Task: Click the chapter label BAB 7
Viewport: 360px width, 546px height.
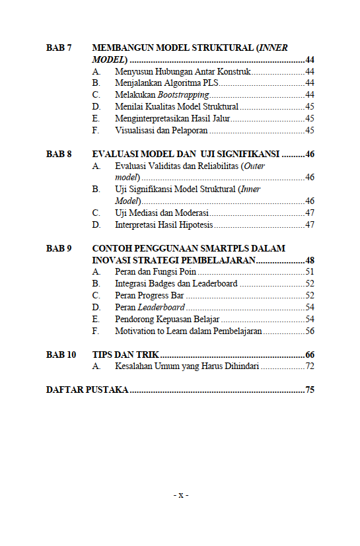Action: (x=59, y=48)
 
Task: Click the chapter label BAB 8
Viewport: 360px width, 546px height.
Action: (x=59, y=154)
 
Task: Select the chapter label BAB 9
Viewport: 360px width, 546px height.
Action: (x=59, y=248)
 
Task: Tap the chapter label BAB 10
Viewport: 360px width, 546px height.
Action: (x=61, y=355)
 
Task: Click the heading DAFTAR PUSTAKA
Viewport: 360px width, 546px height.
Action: (x=87, y=390)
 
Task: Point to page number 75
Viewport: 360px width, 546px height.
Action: (x=310, y=390)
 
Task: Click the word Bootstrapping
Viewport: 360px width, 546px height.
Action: (x=174, y=94)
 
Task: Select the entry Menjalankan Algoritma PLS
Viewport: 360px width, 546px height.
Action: (x=166, y=83)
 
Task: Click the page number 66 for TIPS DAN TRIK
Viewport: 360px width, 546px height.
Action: (x=310, y=355)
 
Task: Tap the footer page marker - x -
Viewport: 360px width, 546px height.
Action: (x=180, y=495)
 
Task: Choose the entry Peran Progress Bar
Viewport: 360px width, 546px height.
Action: (x=149, y=295)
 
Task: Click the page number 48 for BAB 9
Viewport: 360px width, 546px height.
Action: (x=310, y=260)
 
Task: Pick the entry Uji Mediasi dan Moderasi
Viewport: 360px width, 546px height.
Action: (x=162, y=213)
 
